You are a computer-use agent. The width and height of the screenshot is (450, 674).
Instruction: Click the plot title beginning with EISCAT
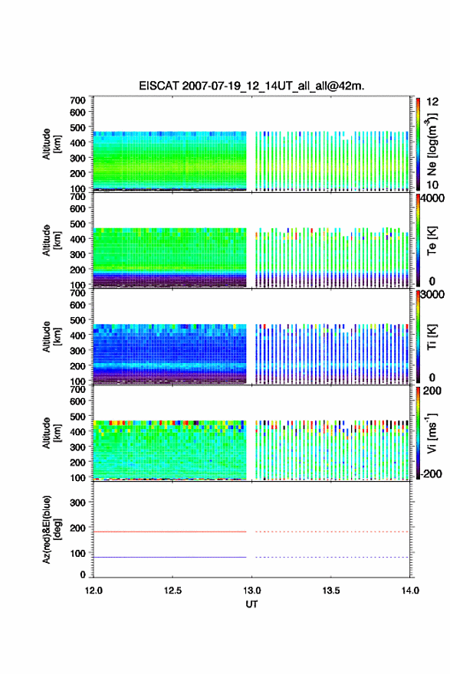click(x=251, y=86)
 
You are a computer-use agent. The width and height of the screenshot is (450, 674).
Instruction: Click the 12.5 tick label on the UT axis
click(x=172, y=591)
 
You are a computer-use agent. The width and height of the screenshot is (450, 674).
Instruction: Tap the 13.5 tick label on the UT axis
click(x=331, y=591)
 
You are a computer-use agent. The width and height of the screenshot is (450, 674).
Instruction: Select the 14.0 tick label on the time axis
click(x=410, y=591)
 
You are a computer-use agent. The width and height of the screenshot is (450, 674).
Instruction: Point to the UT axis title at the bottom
click(x=251, y=604)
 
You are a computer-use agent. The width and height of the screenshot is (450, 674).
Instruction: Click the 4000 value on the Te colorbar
click(x=432, y=198)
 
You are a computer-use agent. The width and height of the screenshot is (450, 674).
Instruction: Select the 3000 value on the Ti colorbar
click(x=432, y=294)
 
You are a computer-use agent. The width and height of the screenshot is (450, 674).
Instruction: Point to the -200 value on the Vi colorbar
click(x=431, y=473)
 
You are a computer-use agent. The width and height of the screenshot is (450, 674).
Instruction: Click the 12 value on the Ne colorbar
click(x=432, y=102)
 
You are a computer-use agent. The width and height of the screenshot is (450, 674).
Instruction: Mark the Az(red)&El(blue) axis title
click(x=51, y=529)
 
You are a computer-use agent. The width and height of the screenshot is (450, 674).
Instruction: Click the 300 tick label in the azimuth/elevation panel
click(x=77, y=502)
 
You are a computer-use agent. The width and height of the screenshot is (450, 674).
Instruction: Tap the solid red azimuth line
click(x=170, y=532)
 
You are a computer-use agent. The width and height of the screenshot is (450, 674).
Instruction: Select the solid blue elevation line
click(x=170, y=557)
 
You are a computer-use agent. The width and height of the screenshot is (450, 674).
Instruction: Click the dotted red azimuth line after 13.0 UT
click(x=332, y=532)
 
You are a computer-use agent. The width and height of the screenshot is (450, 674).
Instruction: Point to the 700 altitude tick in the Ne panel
click(x=77, y=100)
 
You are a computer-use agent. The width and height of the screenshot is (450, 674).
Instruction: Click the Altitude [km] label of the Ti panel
click(x=51, y=336)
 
